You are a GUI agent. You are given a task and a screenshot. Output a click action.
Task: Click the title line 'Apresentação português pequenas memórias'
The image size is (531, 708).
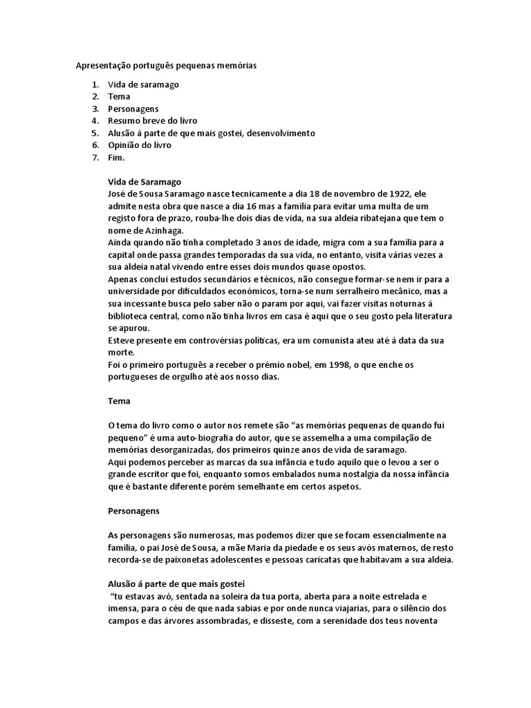(165, 66)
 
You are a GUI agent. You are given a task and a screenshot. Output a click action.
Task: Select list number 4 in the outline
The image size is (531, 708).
(95, 121)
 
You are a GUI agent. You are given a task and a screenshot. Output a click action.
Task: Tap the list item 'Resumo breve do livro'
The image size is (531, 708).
(152, 121)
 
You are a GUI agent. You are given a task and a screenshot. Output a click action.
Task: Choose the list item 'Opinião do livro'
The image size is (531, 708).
(139, 145)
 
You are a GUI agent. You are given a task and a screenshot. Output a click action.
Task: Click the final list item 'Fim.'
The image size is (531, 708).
(116, 158)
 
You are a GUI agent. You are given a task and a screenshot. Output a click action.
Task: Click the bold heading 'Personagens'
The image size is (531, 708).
(133, 511)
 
